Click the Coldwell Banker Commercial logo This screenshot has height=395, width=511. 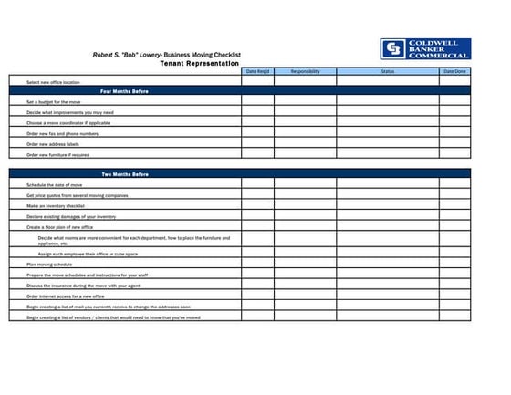(x=424, y=49)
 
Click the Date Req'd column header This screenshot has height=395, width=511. (x=257, y=71)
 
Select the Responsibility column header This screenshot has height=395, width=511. (x=305, y=71)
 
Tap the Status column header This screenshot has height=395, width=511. (x=388, y=71)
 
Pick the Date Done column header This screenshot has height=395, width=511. (x=454, y=71)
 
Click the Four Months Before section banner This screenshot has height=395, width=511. (x=124, y=92)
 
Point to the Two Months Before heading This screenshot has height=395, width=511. (x=124, y=174)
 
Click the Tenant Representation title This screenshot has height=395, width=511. (x=199, y=64)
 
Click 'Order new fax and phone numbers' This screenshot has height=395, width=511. (x=62, y=133)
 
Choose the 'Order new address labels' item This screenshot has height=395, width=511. (x=53, y=144)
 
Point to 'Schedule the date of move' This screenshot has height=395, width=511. (x=55, y=185)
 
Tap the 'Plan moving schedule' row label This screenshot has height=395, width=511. (x=49, y=265)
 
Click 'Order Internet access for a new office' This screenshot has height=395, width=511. (x=66, y=296)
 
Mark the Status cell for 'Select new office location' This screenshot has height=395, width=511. (x=388, y=82)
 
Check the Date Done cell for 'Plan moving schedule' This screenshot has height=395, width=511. (x=454, y=265)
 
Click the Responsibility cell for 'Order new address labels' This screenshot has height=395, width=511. (x=305, y=144)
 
